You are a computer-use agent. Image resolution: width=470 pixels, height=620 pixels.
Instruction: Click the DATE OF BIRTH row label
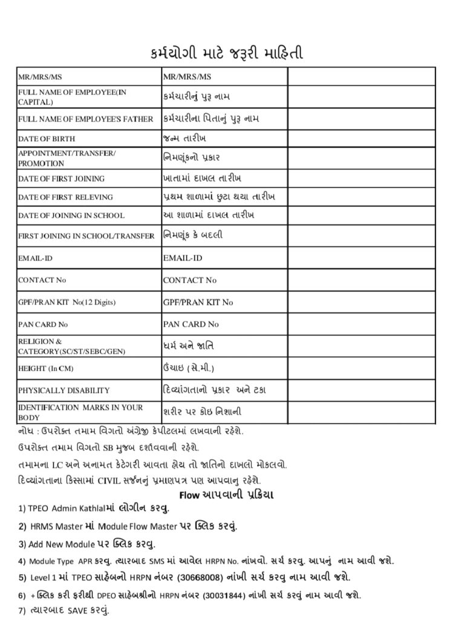[47, 139]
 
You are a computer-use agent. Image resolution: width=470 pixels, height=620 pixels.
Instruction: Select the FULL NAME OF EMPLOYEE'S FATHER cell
[85, 119]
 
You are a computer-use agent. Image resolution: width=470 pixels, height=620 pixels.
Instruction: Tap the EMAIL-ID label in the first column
[35, 259]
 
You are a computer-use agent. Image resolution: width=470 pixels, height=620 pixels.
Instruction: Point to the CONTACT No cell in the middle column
[190, 280]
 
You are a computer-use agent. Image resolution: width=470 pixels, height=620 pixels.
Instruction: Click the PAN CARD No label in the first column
[43, 325]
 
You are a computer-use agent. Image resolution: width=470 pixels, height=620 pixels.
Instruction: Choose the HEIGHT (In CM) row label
[45, 368]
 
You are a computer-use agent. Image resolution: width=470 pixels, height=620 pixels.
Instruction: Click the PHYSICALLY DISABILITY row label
[64, 391]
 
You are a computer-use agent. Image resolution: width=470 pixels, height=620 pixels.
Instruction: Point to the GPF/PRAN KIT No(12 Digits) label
[67, 302]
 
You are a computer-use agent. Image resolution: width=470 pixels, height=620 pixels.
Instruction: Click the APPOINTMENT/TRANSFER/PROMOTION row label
[67, 158]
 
